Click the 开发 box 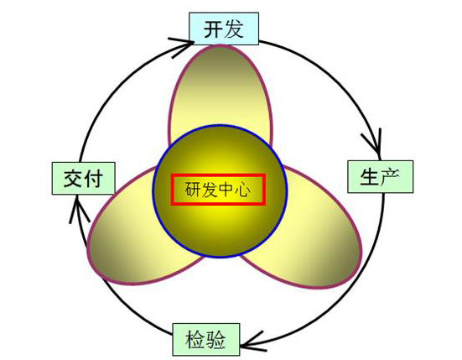[x=224, y=29]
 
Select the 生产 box [x=381, y=176]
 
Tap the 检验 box [x=206, y=340]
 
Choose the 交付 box [x=83, y=179]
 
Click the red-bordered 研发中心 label [x=218, y=190]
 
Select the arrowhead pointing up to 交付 [x=78, y=208]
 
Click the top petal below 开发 [x=221, y=88]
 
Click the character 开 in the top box [x=213, y=29]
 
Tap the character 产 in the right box [x=390, y=177]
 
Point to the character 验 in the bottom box [x=215, y=340]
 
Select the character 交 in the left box [x=73, y=179]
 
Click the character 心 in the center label [x=243, y=190]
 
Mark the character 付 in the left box [x=93, y=179]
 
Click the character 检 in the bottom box [x=195, y=340]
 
